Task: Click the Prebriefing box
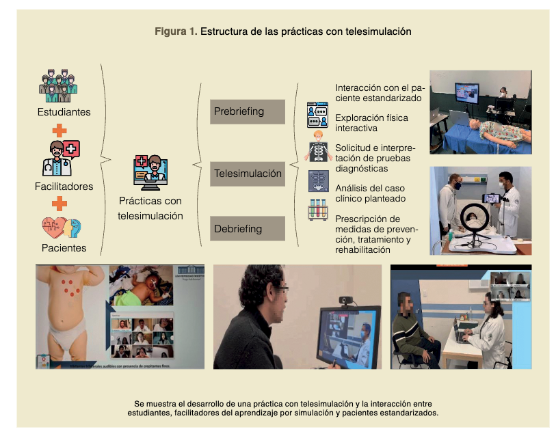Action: pos(247,111)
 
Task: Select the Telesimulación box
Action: pos(247,174)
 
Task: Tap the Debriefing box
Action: pos(247,228)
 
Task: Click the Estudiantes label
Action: pos(63,111)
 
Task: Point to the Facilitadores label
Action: pos(64,186)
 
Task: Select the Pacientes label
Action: pos(62,248)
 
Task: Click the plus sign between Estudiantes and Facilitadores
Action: pos(61,130)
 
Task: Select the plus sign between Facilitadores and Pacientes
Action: pos(60,203)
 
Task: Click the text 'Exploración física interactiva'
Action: pos(371,123)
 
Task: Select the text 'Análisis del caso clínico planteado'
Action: pos(370,193)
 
